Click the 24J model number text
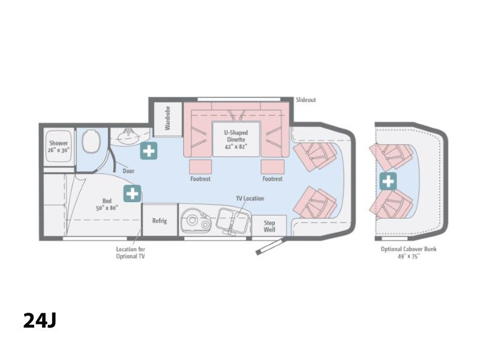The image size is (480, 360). point(40,320)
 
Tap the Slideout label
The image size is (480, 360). point(306,100)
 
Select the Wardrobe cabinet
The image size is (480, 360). point(167,119)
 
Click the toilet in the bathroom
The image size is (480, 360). point(91,141)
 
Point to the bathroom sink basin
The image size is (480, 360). point(129,137)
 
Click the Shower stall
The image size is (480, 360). point(58,146)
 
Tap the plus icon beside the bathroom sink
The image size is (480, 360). point(149,151)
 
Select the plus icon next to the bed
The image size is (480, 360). point(132,193)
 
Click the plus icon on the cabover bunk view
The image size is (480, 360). point(388,181)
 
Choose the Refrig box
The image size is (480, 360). point(160,220)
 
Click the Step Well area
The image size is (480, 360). point(269,226)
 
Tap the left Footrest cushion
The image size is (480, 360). point(200,167)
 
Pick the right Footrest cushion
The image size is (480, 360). point(273,167)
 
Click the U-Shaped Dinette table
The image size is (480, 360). point(236,139)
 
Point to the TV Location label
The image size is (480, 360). point(250,199)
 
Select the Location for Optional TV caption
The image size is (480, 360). point(130,253)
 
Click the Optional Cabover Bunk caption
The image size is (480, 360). point(409,253)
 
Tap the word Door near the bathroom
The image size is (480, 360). point(128,171)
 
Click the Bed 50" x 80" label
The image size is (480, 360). point(107,204)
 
